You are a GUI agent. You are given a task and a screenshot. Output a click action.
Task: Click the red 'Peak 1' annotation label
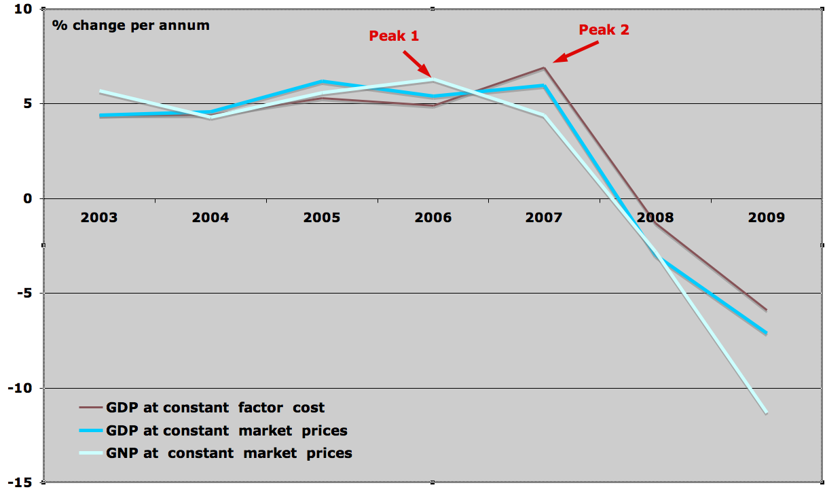(394, 35)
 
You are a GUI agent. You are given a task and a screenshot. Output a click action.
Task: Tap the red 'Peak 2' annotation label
(604, 30)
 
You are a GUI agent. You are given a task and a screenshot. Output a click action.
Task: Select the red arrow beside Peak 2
(576, 53)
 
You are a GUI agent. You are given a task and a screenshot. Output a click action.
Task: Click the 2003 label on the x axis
(98, 217)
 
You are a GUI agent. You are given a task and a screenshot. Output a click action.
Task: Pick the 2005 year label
(321, 217)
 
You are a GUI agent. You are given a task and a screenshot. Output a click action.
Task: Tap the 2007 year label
(544, 217)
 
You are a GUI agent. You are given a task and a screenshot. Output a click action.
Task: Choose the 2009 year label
(766, 217)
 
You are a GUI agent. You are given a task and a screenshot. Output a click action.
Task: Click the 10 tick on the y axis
(24, 9)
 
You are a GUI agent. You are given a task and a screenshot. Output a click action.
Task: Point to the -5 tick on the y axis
(26, 294)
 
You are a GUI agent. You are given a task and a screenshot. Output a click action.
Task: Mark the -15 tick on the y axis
(22, 482)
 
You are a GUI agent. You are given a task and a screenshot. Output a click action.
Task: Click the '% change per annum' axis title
(131, 26)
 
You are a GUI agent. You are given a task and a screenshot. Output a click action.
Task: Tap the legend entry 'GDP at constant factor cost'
(215, 408)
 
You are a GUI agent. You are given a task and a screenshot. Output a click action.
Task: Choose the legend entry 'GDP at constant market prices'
(226, 430)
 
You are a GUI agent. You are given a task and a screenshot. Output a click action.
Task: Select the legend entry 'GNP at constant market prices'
(229, 453)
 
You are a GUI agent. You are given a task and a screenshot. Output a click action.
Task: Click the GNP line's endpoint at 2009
(766, 412)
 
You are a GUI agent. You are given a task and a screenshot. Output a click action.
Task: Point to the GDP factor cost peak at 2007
(544, 67)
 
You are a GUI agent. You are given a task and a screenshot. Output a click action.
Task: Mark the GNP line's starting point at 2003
(99, 91)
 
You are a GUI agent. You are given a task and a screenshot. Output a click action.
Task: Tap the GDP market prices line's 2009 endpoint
(766, 333)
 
